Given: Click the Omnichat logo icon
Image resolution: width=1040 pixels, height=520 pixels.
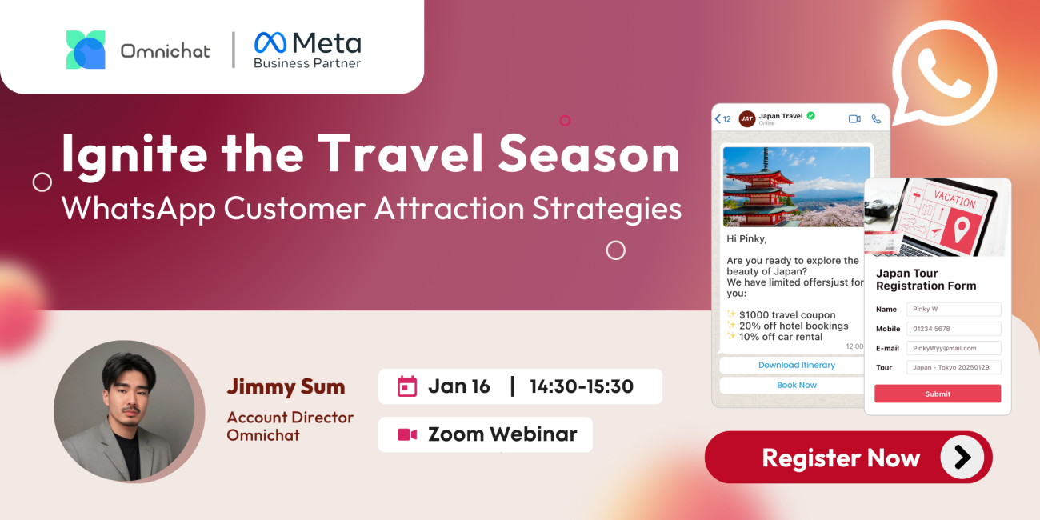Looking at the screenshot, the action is click(x=86, y=50).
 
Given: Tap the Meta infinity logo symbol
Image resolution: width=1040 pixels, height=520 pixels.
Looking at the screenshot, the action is click(x=270, y=42).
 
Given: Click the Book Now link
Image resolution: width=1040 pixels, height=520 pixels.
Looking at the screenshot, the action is click(x=797, y=385).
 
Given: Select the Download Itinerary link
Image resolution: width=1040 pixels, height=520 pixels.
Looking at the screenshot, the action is click(x=797, y=365).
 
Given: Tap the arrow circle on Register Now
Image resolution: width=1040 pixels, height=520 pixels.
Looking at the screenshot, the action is click(x=962, y=458).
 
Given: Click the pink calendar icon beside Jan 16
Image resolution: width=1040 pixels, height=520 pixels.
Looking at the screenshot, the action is click(x=407, y=386).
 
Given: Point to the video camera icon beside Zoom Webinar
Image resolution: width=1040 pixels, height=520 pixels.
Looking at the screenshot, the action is click(x=407, y=434).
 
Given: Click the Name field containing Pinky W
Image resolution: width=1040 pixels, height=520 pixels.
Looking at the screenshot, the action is click(x=954, y=310).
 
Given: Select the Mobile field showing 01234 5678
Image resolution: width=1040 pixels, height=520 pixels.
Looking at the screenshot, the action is click(x=954, y=329).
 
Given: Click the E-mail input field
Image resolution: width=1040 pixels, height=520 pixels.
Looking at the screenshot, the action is click(x=954, y=348).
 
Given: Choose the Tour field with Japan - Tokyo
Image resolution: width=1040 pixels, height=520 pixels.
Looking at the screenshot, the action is click(x=954, y=367).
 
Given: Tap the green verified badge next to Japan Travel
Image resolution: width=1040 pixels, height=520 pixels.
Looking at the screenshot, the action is click(x=811, y=116).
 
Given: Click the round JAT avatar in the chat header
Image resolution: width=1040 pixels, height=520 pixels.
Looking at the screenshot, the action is click(x=746, y=119).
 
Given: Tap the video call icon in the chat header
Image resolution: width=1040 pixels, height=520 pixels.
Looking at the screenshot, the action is click(x=854, y=119).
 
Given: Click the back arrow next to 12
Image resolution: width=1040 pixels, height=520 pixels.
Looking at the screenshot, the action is click(x=718, y=119).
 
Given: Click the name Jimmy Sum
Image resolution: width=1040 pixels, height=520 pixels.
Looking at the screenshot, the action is click(x=286, y=386).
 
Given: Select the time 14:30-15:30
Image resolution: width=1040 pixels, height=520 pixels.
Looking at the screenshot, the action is click(x=582, y=386).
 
